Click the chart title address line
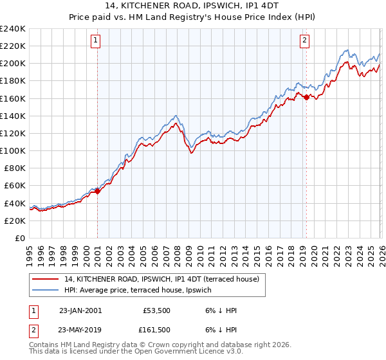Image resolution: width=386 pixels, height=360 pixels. [193, 6]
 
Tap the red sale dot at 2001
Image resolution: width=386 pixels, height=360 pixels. [97, 191]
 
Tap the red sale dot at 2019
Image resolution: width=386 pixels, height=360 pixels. [306, 97]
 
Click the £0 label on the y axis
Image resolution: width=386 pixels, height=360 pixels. [19, 238]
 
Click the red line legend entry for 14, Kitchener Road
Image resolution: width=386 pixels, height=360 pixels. [161, 279]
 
